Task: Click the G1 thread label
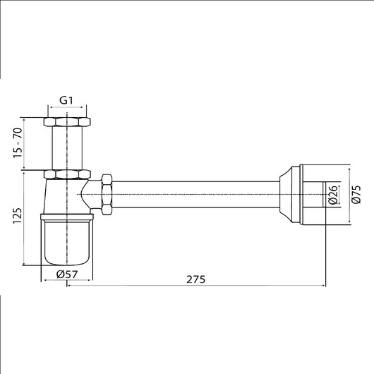[66, 100]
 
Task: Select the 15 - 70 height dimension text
[18, 143]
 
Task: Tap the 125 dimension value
[18, 216]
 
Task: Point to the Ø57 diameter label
[67, 275]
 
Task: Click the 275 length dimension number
[195, 279]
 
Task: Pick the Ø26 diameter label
[333, 195]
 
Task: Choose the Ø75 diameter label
[356, 194]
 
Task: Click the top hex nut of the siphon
[67, 122]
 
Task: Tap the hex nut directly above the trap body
[67, 174]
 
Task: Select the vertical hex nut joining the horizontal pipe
[107, 195]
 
